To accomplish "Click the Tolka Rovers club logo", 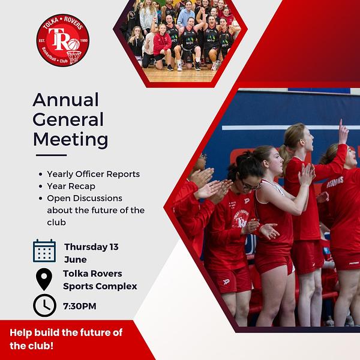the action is (x=63, y=40).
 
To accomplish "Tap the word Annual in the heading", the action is (x=65, y=100).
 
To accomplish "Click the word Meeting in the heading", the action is (x=70, y=139).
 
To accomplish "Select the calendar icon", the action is (x=44, y=251).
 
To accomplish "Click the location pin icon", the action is (x=44, y=279).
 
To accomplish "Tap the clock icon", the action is (x=44, y=305).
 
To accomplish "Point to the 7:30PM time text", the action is (x=80, y=306).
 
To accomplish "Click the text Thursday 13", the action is (x=91, y=247).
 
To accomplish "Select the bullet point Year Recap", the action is (x=71, y=186).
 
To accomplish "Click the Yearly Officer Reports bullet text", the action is (x=94, y=174).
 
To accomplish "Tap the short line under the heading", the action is (x=51, y=155).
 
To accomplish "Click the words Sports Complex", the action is (x=100, y=286).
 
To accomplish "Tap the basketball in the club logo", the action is (x=74, y=44).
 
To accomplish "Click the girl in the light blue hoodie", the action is (x=186, y=16).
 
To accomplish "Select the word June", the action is (x=76, y=260).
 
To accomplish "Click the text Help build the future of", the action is (x=66, y=332).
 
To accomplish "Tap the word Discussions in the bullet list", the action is (x=98, y=199).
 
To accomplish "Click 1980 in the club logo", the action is (x=84, y=40).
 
